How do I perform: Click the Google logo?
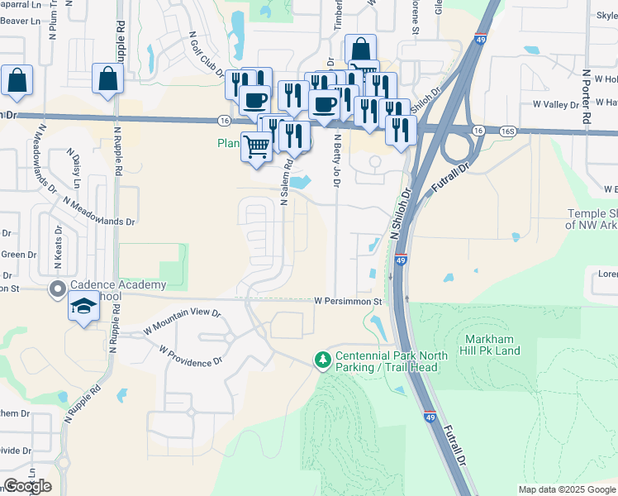point(27,486)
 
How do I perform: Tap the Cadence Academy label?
point(117,285)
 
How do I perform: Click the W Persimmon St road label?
point(347,303)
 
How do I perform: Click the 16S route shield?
point(507,131)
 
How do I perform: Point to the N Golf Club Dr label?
point(209,54)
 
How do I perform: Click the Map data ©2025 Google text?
point(567,489)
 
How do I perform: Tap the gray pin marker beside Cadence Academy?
point(57,289)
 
